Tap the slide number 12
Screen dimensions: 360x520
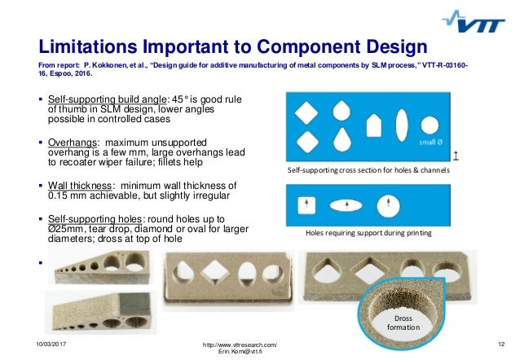point(501,346)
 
